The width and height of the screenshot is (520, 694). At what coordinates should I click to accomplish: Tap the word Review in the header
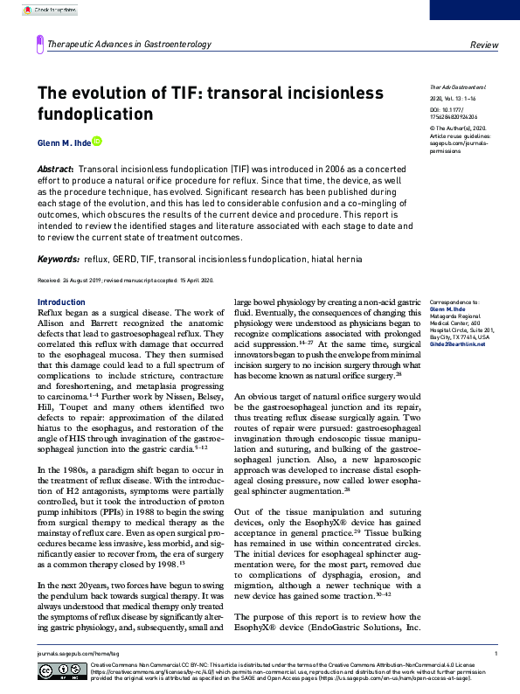483,44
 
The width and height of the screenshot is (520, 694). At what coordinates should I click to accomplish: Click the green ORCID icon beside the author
97,141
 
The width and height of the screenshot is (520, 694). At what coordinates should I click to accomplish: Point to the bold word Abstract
55,167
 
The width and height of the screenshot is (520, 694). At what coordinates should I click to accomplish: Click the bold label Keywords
59,260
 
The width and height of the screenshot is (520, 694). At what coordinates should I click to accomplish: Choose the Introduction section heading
61,302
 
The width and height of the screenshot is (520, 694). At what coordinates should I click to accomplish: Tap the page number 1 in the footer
496,653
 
